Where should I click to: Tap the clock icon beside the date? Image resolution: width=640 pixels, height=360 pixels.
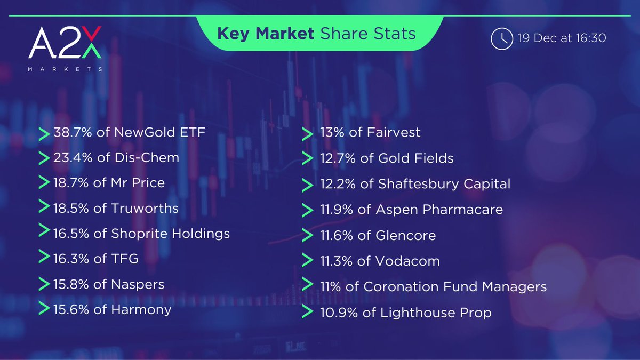pyautogui.click(x=501, y=38)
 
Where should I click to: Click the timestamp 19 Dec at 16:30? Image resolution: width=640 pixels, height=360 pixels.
pyautogui.click(x=562, y=38)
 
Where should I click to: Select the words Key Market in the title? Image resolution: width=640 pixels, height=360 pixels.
pyautogui.click(x=266, y=34)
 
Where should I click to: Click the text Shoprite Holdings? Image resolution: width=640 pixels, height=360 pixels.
pyautogui.click(x=170, y=234)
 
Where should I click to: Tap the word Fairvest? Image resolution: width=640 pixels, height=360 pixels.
pyautogui.click(x=394, y=132)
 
